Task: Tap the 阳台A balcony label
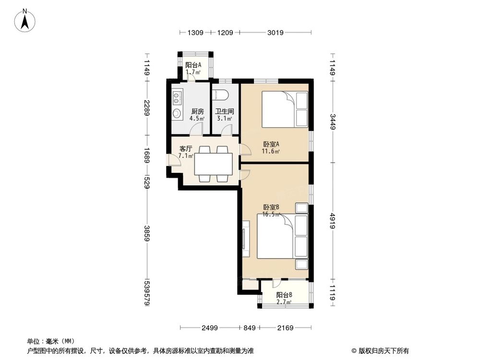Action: [193, 65]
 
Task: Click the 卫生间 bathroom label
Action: [224, 111]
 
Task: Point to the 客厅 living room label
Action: [186, 149]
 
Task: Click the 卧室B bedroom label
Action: [271, 207]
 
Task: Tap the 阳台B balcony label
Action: [284, 295]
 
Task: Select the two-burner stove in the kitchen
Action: [177, 98]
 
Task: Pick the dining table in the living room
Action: [213, 164]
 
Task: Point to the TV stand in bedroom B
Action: [246, 237]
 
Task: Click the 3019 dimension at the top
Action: [276, 33]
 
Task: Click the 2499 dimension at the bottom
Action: [210, 328]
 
